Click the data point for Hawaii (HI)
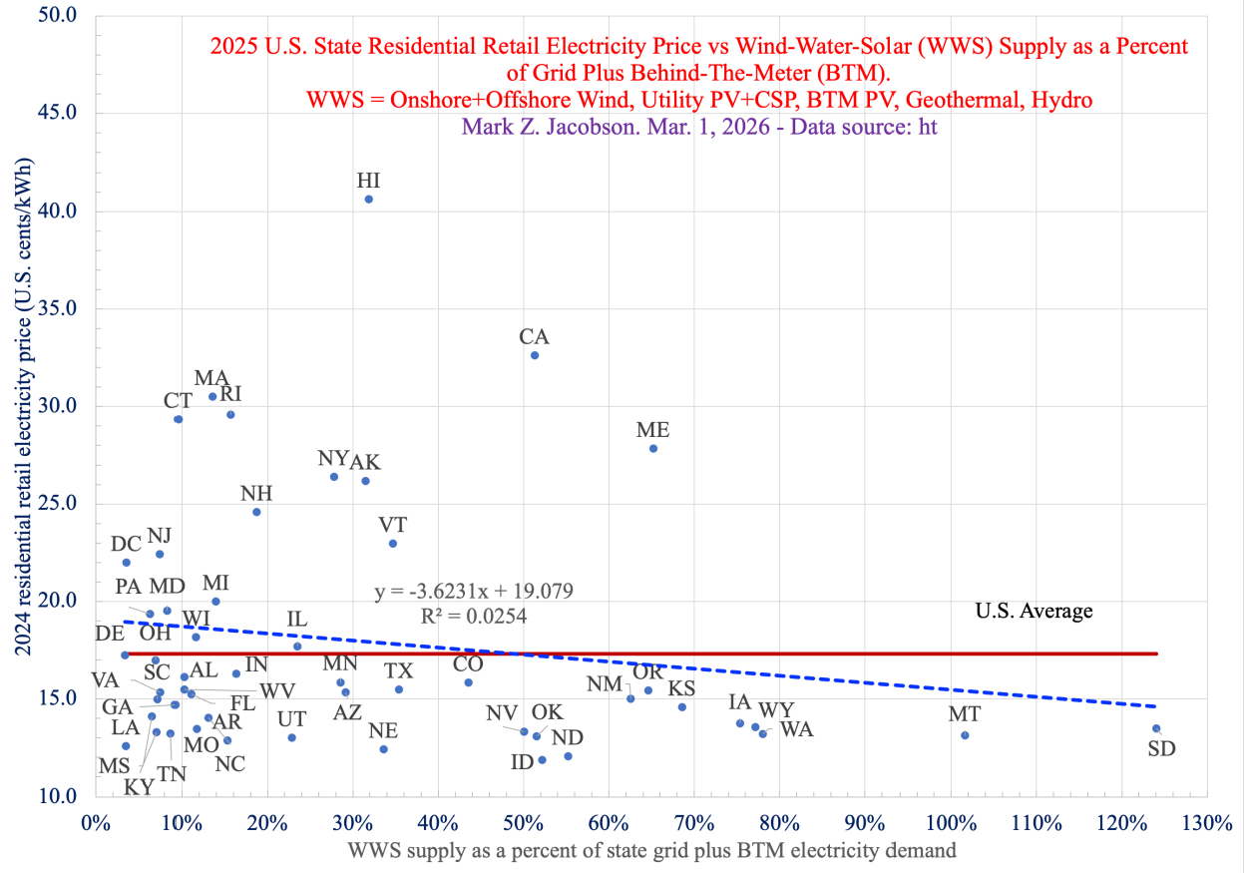pyautogui.click(x=368, y=200)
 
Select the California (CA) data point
pyautogui.click(x=534, y=355)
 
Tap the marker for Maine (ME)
pyautogui.click(x=653, y=448)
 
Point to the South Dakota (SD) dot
pyautogui.click(x=1156, y=728)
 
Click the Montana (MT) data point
pyautogui.click(x=965, y=735)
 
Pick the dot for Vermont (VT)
pyautogui.click(x=393, y=544)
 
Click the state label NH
pyautogui.click(x=256, y=494)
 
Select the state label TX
pyautogui.click(x=399, y=670)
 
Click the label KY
pyautogui.click(x=139, y=786)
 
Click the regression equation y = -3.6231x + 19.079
pyautogui.click(x=474, y=592)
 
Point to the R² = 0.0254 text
pyautogui.click(x=474, y=617)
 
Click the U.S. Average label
pyautogui.click(x=1034, y=611)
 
